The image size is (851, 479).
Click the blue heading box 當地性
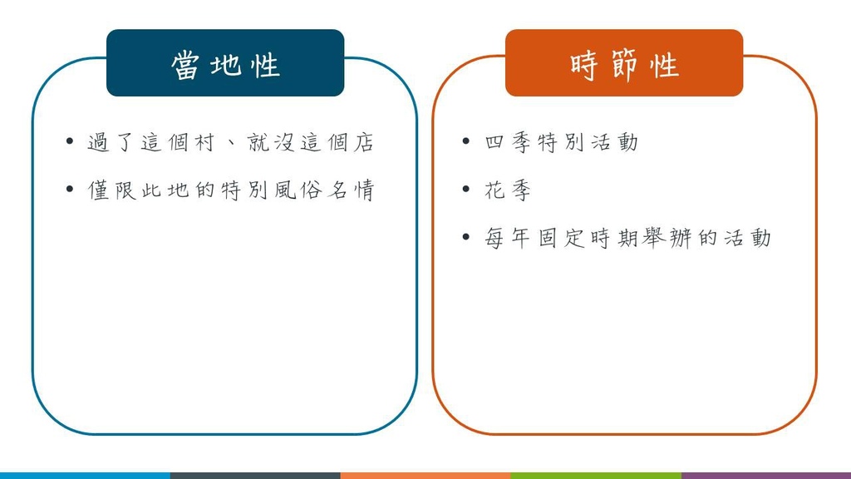point(225,63)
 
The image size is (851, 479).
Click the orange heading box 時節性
point(624,63)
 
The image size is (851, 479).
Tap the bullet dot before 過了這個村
point(70,141)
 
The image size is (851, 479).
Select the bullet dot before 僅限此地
point(70,189)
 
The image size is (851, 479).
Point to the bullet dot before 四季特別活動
point(465,141)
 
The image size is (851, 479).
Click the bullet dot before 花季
point(465,189)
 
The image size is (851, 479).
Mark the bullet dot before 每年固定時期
point(465,237)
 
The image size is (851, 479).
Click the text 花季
point(508,190)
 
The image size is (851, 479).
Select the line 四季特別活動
point(561,142)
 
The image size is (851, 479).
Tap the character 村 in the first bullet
point(204,142)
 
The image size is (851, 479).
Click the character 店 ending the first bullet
point(364,142)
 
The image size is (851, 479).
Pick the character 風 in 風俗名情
point(284,190)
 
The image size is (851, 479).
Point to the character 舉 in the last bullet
point(654,238)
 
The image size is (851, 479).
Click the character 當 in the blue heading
point(185,65)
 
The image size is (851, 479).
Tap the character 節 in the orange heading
point(623,65)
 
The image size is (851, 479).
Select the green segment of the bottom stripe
point(595,476)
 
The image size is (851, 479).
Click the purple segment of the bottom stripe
point(765,476)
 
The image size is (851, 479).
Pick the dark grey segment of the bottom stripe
point(255,476)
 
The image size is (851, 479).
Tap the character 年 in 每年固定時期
point(520,238)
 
